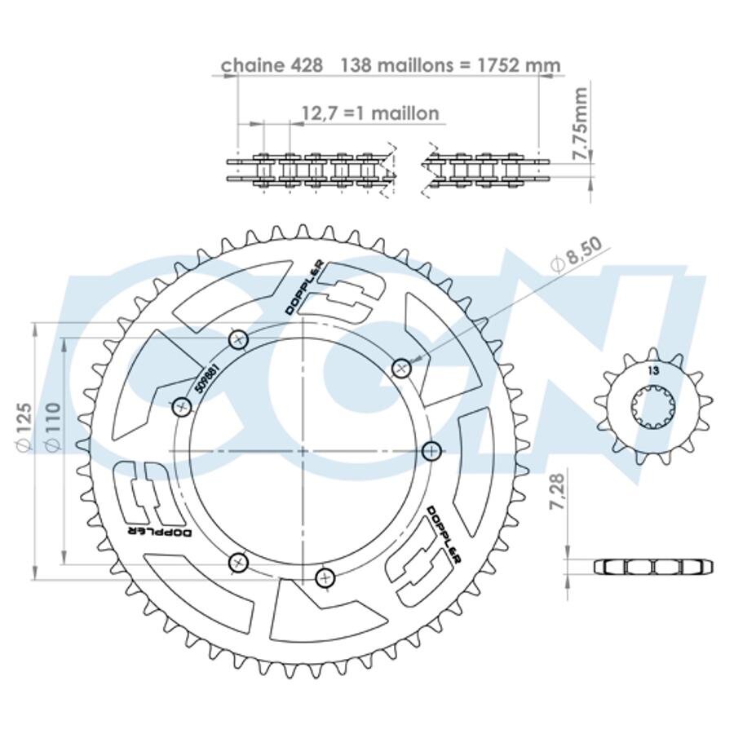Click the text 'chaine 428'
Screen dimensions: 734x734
[x=272, y=65]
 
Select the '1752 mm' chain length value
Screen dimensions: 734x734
[x=518, y=65]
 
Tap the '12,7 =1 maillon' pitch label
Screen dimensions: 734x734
[x=369, y=113]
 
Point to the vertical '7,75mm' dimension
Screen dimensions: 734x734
[x=580, y=124]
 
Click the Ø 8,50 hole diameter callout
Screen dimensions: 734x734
[x=576, y=255]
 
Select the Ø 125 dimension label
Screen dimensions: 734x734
[x=24, y=427]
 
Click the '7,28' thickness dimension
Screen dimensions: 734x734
[x=558, y=491]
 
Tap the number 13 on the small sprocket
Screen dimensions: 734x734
[x=653, y=371]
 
